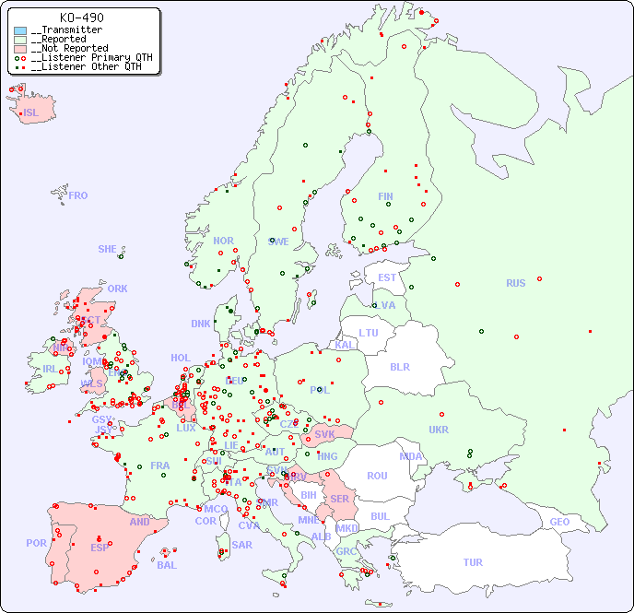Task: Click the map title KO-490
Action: pyautogui.click(x=81, y=18)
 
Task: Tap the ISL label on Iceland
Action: pyautogui.click(x=31, y=113)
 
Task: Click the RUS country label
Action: pyautogui.click(x=515, y=284)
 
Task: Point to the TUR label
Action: pyautogui.click(x=473, y=562)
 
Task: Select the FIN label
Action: pyautogui.click(x=385, y=196)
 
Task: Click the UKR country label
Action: pyautogui.click(x=439, y=430)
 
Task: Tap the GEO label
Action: pyautogui.click(x=559, y=522)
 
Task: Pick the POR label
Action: pyautogui.click(x=36, y=543)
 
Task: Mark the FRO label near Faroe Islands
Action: pyautogui.click(x=78, y=195)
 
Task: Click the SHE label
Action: pyautogui.click(x=107, y=249)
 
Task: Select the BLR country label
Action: pyautogui.click(x=399, y=367)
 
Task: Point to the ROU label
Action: pyautogui.click(x=377, y=476)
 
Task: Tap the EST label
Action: pyautogui.click(x=387, y=277)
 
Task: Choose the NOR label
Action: pyautogui.click(x=223, y=241)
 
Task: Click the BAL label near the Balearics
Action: pyautogui.click(x=166, y=565)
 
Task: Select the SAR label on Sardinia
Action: pyautogui.click(x=241, y=545)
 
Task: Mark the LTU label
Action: pyautogui.click(x=369, y=333)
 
